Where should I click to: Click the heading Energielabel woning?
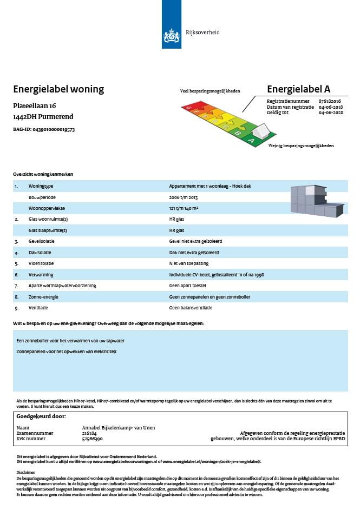58,89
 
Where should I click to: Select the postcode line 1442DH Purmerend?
43,116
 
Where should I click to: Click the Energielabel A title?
298,89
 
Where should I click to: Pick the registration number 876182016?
330,101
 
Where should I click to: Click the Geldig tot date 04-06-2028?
331,112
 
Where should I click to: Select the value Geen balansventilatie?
191,308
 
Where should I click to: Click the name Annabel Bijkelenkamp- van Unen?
118,428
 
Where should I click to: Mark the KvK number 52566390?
92,439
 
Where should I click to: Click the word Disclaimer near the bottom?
25,472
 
